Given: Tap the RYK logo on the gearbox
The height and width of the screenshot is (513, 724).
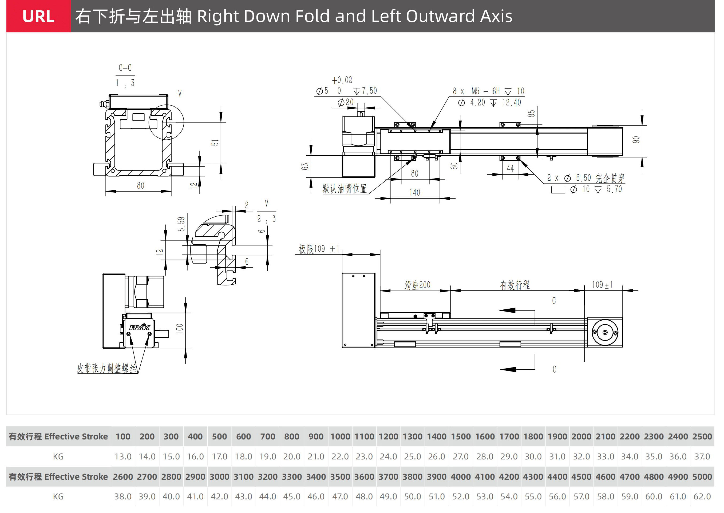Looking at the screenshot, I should click(140, 327).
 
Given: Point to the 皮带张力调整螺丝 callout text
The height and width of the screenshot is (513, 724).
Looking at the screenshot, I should click(106, 368).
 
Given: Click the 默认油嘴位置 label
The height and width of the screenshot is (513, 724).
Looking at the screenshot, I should click(345, 189).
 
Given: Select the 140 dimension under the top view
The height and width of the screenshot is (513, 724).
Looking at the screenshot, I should click(415, 192).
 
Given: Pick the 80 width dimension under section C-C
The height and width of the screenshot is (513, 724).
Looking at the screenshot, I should click(140, 185).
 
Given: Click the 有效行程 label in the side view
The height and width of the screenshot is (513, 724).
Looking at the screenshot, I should click(515, 285).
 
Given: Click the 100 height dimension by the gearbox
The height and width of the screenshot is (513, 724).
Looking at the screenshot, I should click(180, 329).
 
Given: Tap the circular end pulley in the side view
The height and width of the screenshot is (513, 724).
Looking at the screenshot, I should click(605, 332).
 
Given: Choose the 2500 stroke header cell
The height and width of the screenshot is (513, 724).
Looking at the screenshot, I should click(702, 437).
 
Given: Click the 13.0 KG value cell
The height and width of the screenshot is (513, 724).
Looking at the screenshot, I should click(123, 457).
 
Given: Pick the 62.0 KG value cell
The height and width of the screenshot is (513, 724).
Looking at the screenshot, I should click(702, 496).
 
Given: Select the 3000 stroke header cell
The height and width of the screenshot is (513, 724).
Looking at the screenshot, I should click(219, 477).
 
